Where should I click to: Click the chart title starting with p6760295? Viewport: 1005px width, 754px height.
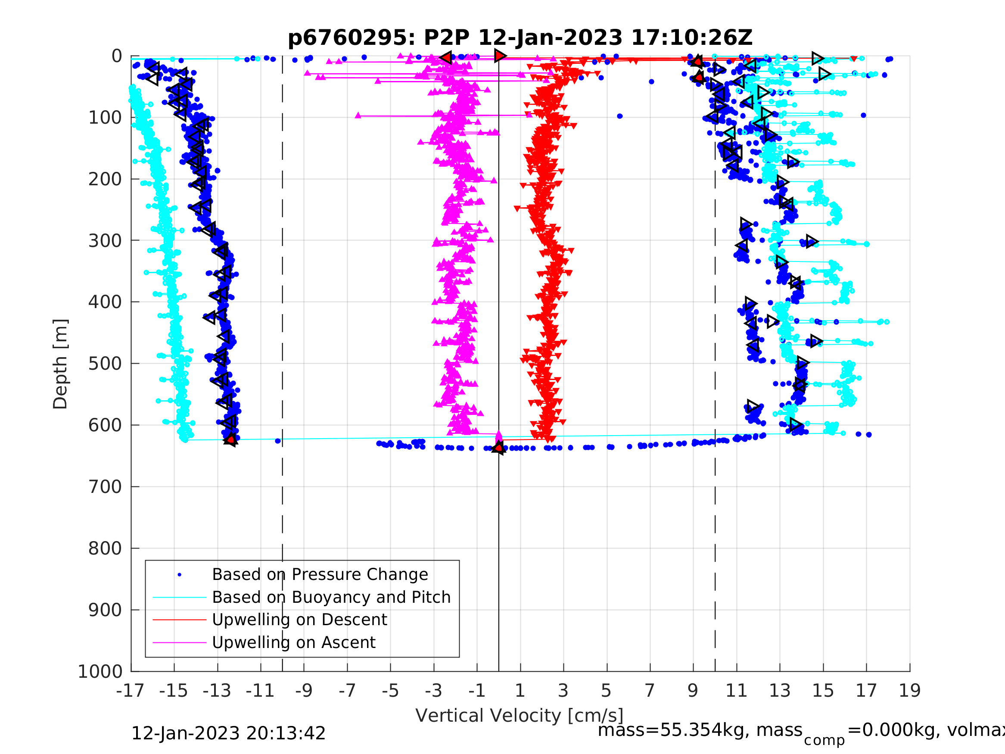click(x=520, y=38)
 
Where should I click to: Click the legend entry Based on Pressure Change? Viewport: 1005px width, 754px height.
click(x=320, y=574)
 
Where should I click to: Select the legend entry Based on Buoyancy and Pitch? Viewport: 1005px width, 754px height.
click(x=331, y=597)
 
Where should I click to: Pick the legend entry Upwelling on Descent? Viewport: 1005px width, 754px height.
click(x=299, y=620)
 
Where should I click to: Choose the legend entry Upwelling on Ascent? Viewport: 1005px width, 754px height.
click(x=293, y=643)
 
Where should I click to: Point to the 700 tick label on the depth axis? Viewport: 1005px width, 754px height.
click(x=105, y=487)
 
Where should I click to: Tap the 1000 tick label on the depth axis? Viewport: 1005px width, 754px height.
click(x=100, y=672)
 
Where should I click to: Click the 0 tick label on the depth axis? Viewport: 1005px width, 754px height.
click(x=117, y=56)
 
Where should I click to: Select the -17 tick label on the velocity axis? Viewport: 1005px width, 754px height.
click(x=131, y=691)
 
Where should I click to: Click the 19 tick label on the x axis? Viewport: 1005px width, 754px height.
click(x=910, y=691)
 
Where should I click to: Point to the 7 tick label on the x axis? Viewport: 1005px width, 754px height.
click(x=650, y=691)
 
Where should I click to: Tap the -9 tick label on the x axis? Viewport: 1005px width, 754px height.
click(x=304, y=691)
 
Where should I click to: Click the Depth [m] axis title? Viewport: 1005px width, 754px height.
click(x=60, y=364)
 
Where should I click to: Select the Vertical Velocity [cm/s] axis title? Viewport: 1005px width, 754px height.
click(x=520, y=716)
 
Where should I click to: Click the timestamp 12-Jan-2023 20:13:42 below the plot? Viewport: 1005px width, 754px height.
click(x=228, y=734)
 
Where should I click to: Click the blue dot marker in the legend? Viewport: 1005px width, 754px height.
click(x=180, y=575)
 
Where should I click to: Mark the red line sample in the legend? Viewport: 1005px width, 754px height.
click(x=180, y=620)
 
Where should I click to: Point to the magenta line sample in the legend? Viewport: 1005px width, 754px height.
click(x=180, y=643)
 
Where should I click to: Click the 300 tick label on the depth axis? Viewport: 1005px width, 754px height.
click(x=105, y=241)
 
